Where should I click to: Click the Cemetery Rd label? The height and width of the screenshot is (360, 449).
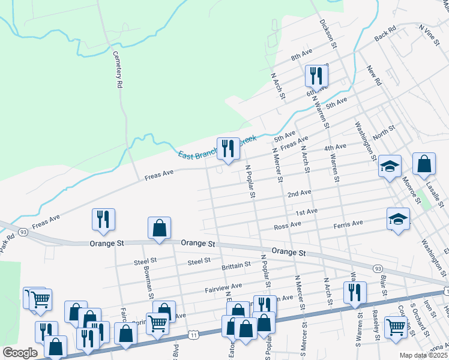pyautogui.click(x=118, y=70)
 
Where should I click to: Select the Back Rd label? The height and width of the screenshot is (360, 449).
pyautogui.click(x=385, y=33)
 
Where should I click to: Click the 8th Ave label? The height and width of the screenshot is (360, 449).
pyautogui.click(x=302, y=55)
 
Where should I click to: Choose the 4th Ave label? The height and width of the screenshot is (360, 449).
pyautogui.click(x=335, y=148)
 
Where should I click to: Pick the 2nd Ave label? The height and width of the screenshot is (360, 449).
pyautogui.click(x=299, y=194)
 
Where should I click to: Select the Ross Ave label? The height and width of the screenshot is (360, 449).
pyautogui.click(x=286, y=226)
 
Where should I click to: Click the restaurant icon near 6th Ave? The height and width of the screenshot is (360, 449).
pyautogui.click(x=315, y=76)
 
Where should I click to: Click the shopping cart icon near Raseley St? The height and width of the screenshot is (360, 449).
pyautogui.click(x=396, y=328)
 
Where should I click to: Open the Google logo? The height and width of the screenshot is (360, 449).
pyautogui.click(x=19, y=353)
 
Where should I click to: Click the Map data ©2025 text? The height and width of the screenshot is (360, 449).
pyautogui.click(x=423, y=355)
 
